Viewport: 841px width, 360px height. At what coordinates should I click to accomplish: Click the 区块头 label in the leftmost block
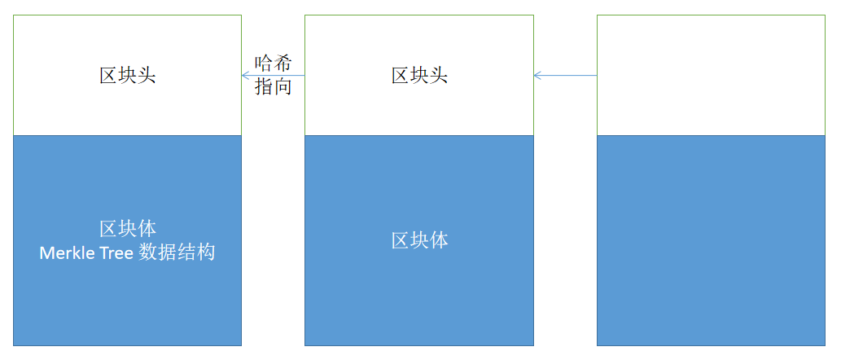pyautogui.click(x=127, y=76)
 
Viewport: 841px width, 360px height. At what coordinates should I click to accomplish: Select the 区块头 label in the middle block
pyautogui.click(x=419, y=76)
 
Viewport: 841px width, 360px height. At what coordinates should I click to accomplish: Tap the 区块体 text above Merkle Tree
pyautogui.click(x=127, y=228)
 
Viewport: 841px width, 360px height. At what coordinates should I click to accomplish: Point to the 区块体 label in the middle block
pyautogui.click(x=419, y=240)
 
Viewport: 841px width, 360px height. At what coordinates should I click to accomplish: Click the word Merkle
pyautogui.click(x=68, y=252)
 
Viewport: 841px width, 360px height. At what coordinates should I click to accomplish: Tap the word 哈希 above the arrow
pyautogui.click(x=274, y=63)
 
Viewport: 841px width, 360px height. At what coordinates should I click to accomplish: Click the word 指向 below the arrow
pyautogui.click(x=274, y=87)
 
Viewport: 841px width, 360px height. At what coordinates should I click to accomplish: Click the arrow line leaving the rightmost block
pyautogui.click(x=570, y=76)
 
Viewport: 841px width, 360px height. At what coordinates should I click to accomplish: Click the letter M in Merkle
pyautogui.click(x=46, y=252)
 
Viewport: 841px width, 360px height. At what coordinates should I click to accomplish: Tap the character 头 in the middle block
pyautogui.click(x=439, y=76)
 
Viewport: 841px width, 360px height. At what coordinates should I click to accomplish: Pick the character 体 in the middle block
pyautogui.click(x=439, y=240)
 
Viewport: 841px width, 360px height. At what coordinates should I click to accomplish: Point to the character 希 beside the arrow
pyautogui.click(x=283, y=63)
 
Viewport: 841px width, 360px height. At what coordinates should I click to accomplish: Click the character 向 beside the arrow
pyautogui.click(x=283, y=87)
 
